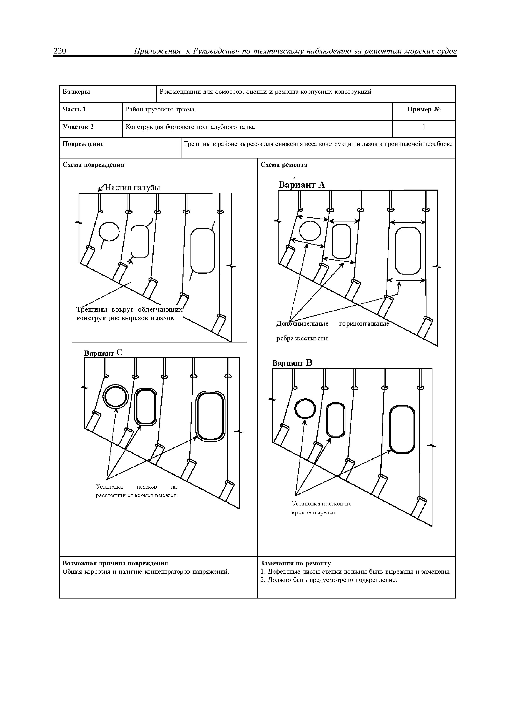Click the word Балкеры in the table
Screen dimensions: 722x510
[76, 92]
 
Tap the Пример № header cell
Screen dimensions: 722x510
[424, 109]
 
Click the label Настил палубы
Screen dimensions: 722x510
[132, 188]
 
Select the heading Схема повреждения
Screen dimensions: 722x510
[93, 165]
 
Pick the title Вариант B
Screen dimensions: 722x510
[292, 363]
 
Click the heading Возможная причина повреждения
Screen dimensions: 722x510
[115, 563]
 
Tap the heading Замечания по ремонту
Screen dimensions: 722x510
[296, 563]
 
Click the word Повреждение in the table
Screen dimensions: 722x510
[83, 144]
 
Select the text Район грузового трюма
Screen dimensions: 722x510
[160, 109]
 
